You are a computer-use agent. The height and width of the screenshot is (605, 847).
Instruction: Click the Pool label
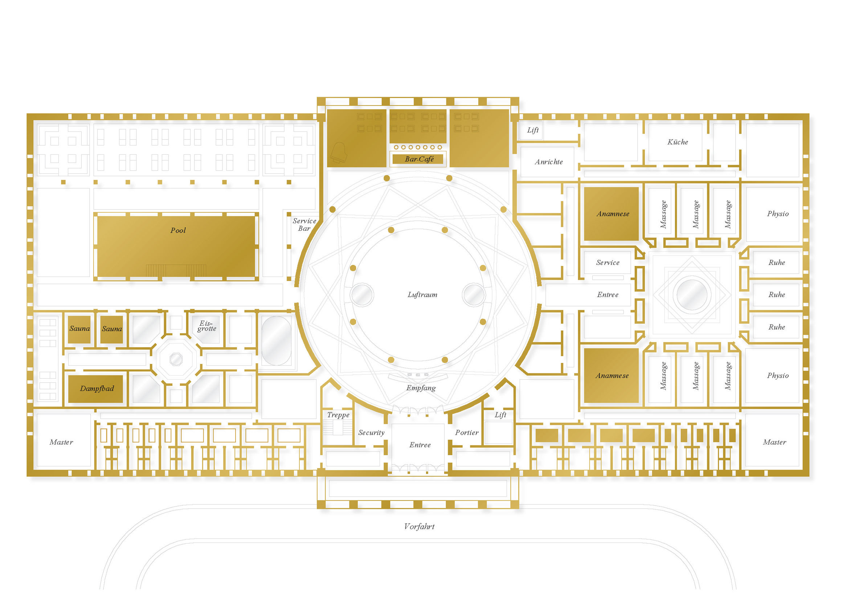point(178,230)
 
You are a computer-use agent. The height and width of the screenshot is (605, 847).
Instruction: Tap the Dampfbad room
point(95,389)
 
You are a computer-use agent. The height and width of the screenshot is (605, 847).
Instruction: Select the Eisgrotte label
point(207,326)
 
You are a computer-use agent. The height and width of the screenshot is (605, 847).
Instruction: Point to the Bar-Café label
point(419,159)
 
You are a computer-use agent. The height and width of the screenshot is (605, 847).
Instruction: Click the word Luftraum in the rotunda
point(422,294)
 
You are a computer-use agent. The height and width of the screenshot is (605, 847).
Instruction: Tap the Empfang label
point(421,388)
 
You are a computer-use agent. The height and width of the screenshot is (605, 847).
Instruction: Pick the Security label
point(371,432)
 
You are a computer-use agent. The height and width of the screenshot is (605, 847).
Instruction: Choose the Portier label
point(466,432)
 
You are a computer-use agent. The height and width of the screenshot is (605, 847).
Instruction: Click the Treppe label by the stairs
point(338,414)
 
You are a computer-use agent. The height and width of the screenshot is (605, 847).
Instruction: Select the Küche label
point(678,142)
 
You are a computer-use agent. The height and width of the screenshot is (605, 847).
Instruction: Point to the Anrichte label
point(549,162)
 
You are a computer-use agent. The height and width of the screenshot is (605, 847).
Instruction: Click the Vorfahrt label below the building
point(419,526)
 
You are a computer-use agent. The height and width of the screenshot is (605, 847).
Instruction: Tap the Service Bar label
point(304,225)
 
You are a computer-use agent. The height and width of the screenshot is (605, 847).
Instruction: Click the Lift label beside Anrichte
point(533,130)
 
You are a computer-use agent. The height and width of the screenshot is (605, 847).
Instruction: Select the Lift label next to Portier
point(500,414)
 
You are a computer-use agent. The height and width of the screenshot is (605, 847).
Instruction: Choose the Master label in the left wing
point(61,442)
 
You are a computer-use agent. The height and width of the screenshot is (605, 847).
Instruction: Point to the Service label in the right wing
point(607,262)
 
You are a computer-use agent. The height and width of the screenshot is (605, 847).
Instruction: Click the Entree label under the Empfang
point(420,445)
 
